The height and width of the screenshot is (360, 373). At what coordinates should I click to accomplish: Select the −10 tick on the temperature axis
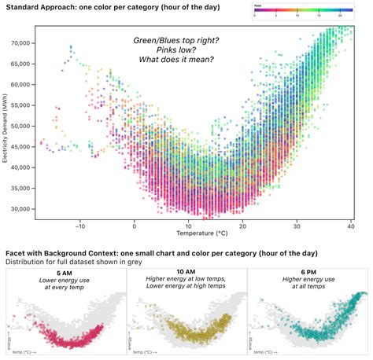pyautogui.click(x=79, y=225)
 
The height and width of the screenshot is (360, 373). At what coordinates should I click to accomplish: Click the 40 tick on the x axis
pyautogui.click(x=349, y=225)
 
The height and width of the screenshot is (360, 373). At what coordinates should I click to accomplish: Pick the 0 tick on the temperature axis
pyautogui.click(x=134, y=225)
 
